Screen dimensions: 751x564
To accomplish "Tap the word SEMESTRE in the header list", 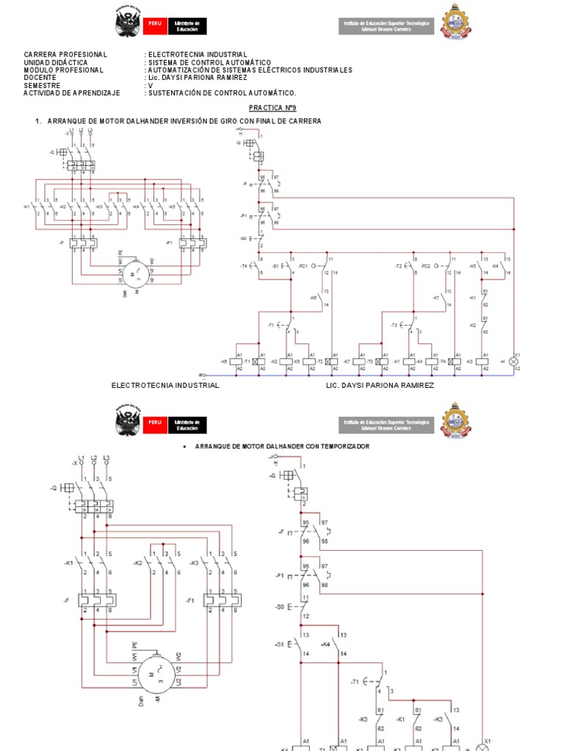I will click(40, 85).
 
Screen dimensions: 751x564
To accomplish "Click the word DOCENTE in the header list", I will click(40, 78).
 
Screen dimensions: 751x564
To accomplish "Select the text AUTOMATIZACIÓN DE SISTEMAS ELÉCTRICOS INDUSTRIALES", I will click(250, 70).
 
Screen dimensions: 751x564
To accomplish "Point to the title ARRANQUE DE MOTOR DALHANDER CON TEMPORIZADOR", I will click(282, 446).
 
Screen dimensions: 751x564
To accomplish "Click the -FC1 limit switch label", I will click(303, 265).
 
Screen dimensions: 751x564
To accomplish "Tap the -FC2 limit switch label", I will click(425, 265).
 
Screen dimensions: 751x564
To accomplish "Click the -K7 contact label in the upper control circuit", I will click(435, 298).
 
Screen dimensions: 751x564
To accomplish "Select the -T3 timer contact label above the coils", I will click(394, 324).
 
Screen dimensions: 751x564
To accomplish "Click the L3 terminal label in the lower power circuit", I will click(107, 458).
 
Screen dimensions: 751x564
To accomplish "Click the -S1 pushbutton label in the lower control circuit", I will click(279, 644).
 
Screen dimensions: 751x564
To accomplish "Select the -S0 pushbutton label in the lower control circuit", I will click(279, 607).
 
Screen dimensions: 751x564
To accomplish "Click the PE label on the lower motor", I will click(135, 645).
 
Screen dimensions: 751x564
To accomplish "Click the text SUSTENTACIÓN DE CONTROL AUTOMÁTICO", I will click(223, 92).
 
